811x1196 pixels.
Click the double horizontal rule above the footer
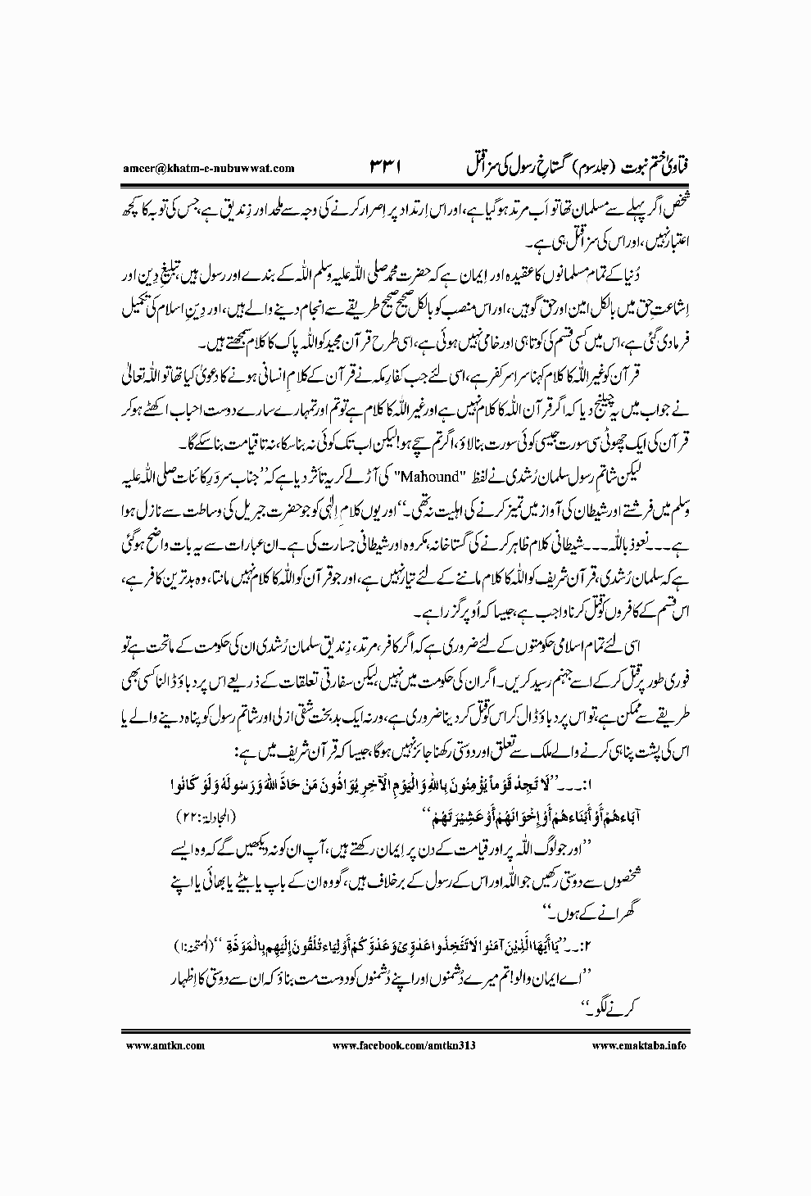(405, 1031)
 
